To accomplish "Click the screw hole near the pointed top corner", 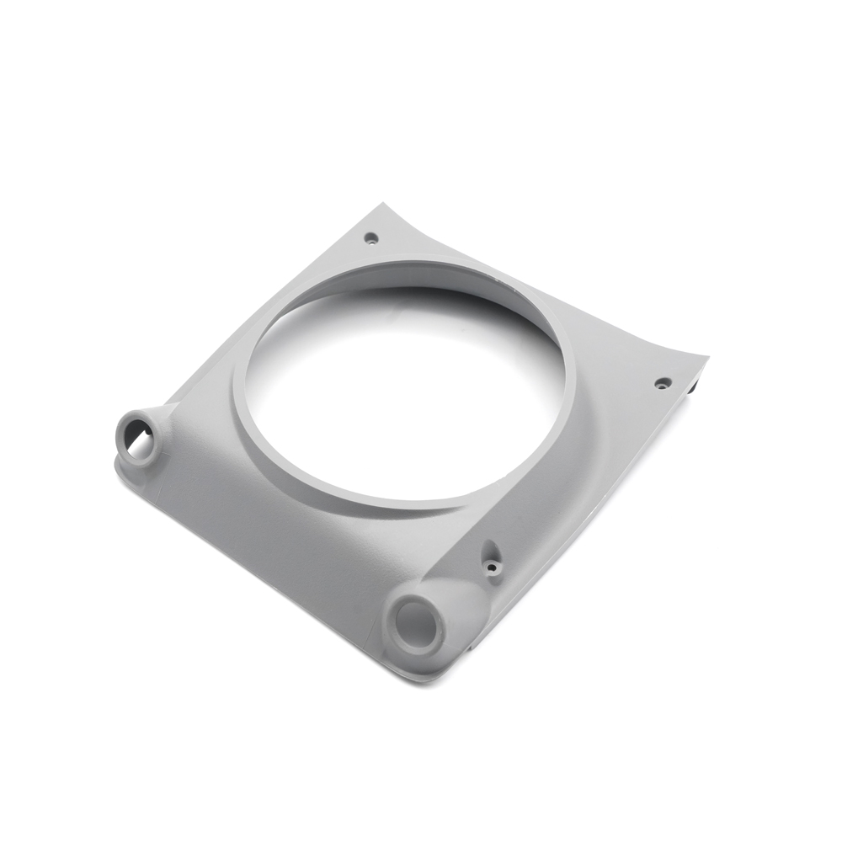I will pos(370,237).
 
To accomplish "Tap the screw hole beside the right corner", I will pos(663,383).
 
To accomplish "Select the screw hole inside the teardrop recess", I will pos(491,568).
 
